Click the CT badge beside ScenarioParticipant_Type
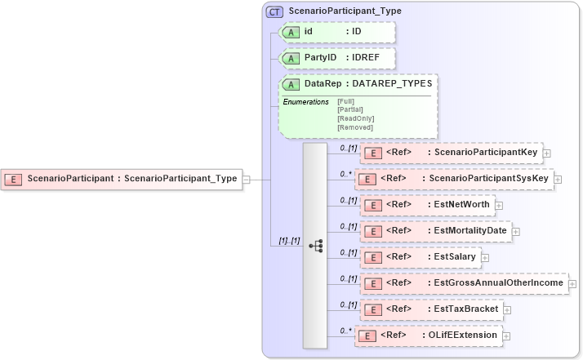tap(275, 11)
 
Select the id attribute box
tap(336, 32)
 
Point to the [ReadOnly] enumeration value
tap(355, 118)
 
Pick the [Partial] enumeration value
tap(350, 109)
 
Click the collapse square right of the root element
tap(246, 179)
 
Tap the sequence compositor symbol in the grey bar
tap(315, 245)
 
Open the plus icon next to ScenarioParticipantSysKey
tap(559, 179)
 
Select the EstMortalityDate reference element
tap(436, 231)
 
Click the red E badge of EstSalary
tap(372, 257)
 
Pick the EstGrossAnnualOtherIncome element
tap(464, 283)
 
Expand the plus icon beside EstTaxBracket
tap(507, 309)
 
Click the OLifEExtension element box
tap(429, 336)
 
